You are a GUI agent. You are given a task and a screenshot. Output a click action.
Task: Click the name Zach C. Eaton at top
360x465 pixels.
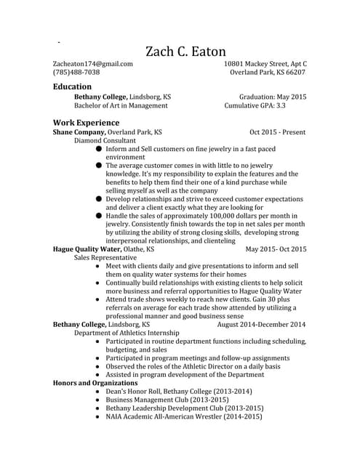tap(185, 52)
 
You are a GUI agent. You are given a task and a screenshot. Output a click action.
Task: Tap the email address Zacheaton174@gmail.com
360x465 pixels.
tap(92, 64)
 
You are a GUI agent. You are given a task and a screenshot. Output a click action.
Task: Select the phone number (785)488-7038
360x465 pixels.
tap(76, 73)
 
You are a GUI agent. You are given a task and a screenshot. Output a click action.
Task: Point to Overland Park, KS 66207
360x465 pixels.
tap(268, 73)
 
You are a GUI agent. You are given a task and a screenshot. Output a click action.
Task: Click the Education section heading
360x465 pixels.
tap(73, 86)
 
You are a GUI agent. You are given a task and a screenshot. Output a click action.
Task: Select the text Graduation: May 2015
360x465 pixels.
tap(273, 97)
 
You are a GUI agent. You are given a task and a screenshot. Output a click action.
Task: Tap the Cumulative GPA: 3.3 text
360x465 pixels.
tap(265, 105)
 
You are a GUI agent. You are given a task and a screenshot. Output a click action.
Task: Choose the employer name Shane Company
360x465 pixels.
tap(79, 132)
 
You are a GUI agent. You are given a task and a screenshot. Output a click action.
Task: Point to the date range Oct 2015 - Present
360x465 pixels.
tap(277, 132)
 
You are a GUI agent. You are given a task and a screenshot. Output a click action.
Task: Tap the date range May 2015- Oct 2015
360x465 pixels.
tap(276, 248)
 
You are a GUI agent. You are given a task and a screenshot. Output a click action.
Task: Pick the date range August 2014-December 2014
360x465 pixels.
tap(262, 324)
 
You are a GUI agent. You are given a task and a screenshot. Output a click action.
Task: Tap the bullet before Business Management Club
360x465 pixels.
tap(98, 400)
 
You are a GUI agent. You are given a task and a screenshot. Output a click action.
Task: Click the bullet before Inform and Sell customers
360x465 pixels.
tap(99, 149)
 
